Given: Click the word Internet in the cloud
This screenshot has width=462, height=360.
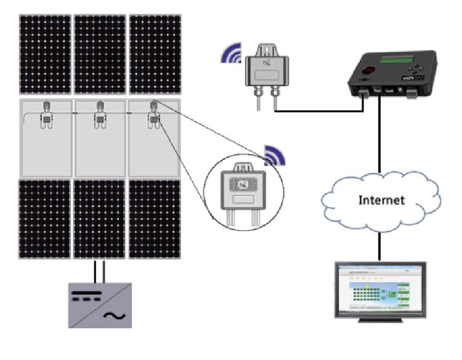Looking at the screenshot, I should (x=381, y=200).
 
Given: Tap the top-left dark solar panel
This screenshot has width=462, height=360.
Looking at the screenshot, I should (x=45, y=55).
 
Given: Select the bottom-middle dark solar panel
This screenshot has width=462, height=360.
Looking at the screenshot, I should (x=100, y=219).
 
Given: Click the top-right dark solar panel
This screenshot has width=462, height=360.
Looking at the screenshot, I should (x=155, y=55).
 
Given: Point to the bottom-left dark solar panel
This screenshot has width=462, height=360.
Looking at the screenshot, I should (x=45, y=219).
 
